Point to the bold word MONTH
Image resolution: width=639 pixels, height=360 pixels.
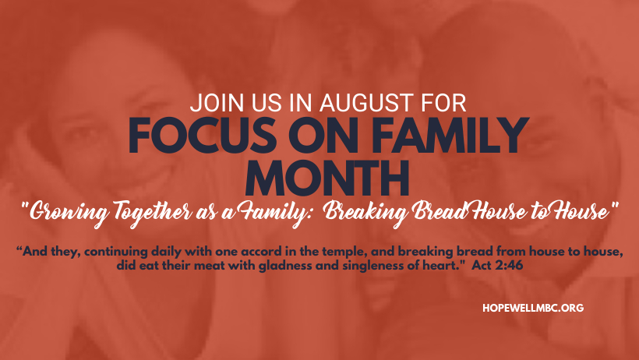pyautogui.click(x=327, y=178)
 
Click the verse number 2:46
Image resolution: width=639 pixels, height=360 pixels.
pyautogui.click(x=510, y=266)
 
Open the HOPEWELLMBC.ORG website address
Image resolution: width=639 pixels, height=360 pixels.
pyautogui.click(x=533, y=308)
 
